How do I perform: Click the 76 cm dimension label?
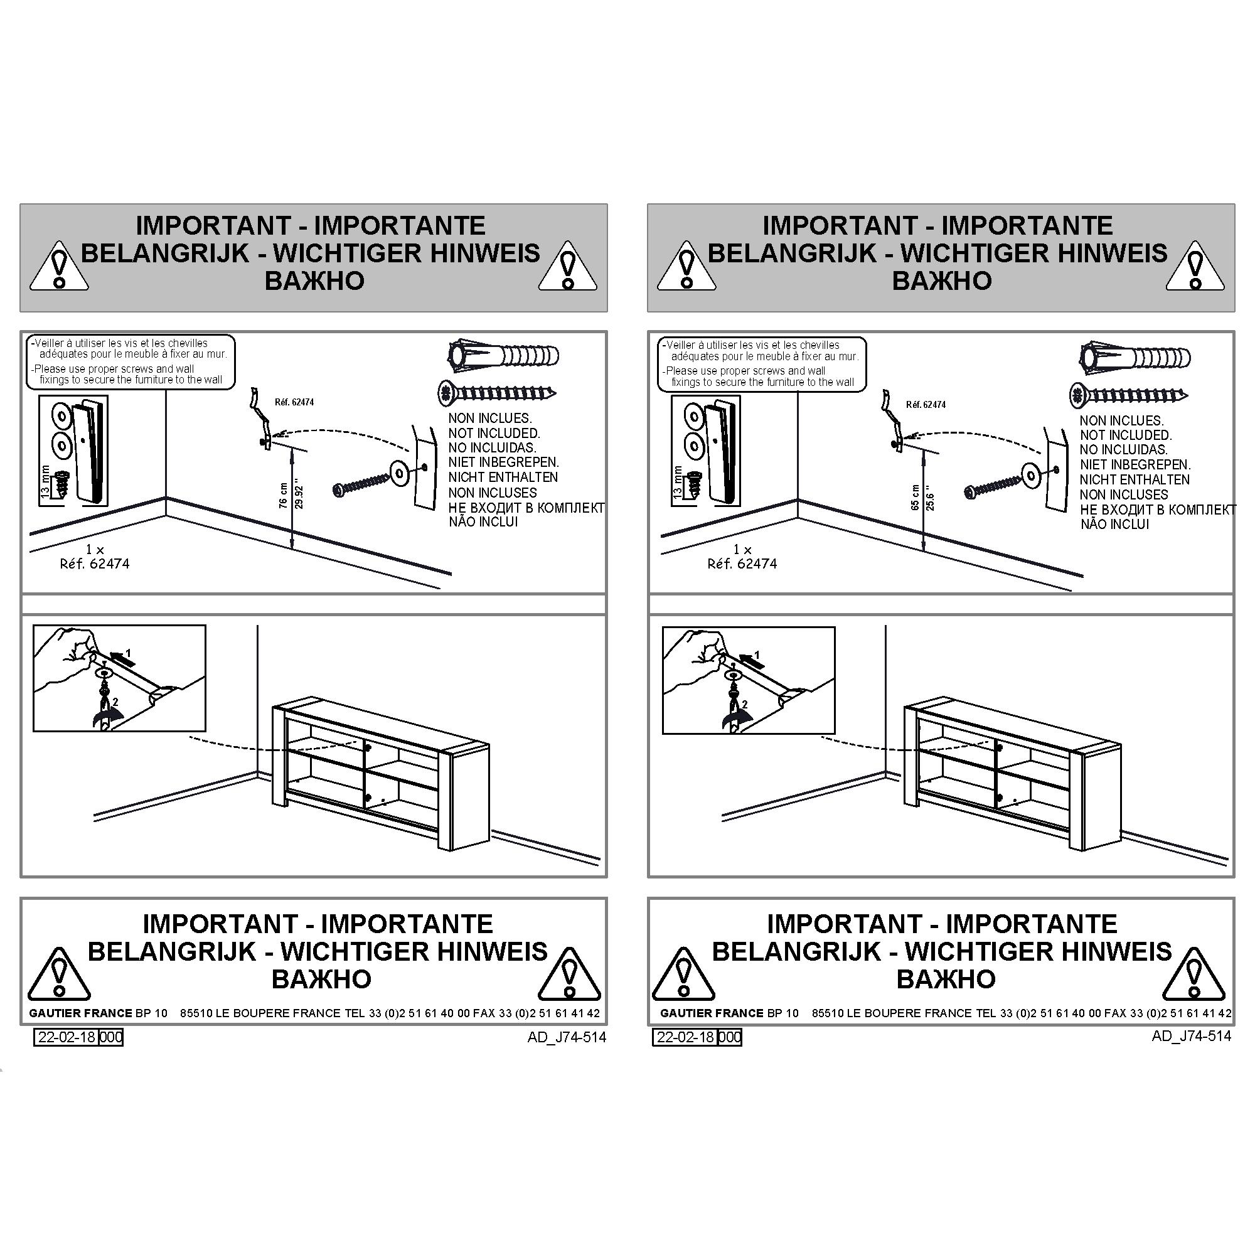point(283,495)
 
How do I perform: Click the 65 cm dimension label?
point(915,497)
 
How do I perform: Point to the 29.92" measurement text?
point(299,495)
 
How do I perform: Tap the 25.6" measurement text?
point(930,498)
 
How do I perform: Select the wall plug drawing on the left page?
point(504,355)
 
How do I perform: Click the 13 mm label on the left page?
point(45,481)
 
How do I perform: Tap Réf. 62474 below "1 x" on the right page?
point(742,564)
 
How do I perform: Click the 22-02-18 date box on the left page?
point(67,1037)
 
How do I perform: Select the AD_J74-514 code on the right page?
point(1192,1035)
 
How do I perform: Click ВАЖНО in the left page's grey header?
point(314,280)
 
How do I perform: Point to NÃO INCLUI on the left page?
point(483,521)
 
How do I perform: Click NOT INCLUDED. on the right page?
point(1126,435)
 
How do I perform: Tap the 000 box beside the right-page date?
point(730,1037)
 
